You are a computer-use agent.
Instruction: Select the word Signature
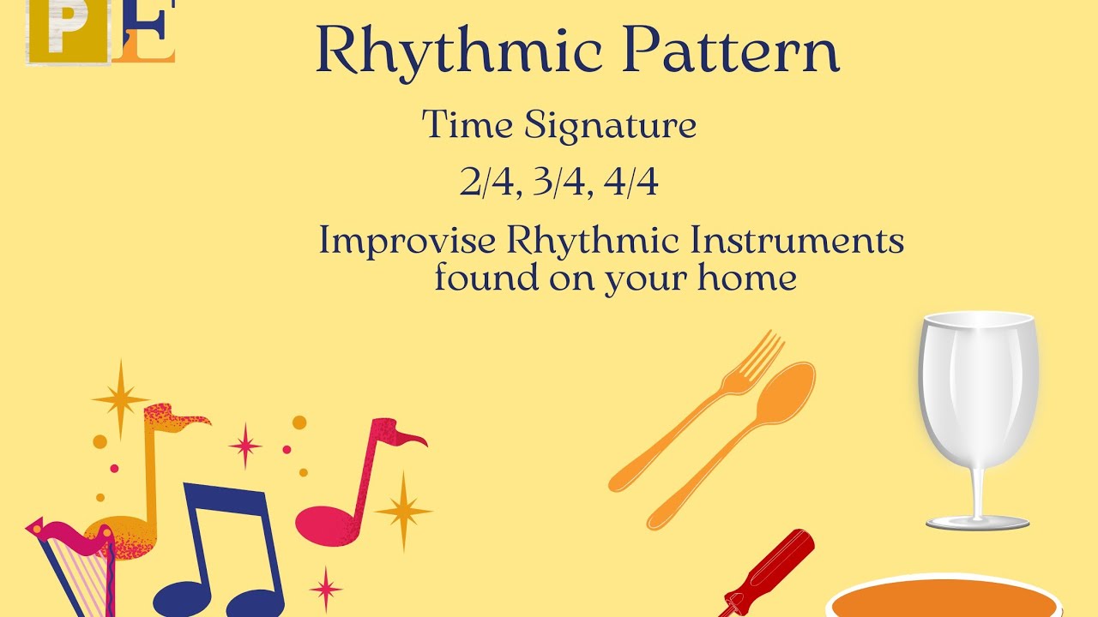click(610, 126)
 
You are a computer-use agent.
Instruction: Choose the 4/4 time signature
click(631, 183)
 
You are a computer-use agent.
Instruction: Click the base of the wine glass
click(977, 522)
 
